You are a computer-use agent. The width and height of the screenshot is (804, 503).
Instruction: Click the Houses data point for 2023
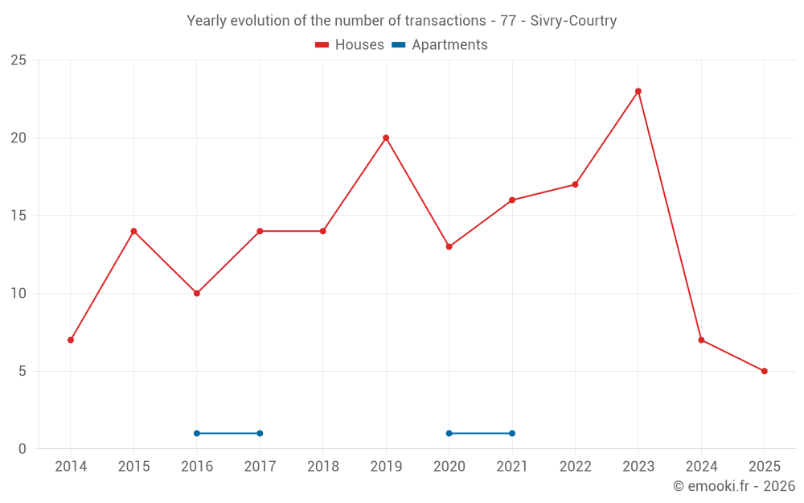[638, 91]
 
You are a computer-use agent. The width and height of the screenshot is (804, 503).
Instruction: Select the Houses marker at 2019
[386, 138]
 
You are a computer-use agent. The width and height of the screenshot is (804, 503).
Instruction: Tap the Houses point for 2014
[71, 340]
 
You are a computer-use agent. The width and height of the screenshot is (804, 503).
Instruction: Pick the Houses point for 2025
[765, 371]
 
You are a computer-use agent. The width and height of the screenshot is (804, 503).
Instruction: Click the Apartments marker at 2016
[197, 433]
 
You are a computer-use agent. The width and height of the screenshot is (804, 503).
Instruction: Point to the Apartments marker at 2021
[512, 433]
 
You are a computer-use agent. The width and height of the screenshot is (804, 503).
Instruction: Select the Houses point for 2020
[449, 246]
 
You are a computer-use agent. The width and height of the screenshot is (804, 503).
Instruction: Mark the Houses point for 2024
[701, 340]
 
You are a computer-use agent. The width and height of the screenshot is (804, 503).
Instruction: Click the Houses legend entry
[350, 45]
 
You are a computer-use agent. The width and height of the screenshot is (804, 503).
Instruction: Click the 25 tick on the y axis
[18, 60]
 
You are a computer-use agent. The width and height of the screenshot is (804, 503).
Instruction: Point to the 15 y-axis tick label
[18, 216]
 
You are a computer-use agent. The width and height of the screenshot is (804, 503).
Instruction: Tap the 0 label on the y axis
[23, 449]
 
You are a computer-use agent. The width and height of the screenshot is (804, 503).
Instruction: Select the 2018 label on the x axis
[323, 467]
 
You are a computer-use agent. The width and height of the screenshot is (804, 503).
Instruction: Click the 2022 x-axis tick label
[575, 467]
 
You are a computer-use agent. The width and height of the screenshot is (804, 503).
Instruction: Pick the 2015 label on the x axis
[133, 467]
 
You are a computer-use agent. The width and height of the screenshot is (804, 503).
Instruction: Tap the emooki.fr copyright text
[734, 486]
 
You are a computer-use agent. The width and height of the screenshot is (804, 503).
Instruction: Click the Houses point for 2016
[197, 293]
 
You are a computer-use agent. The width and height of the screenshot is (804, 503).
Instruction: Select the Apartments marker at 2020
[449, 433]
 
